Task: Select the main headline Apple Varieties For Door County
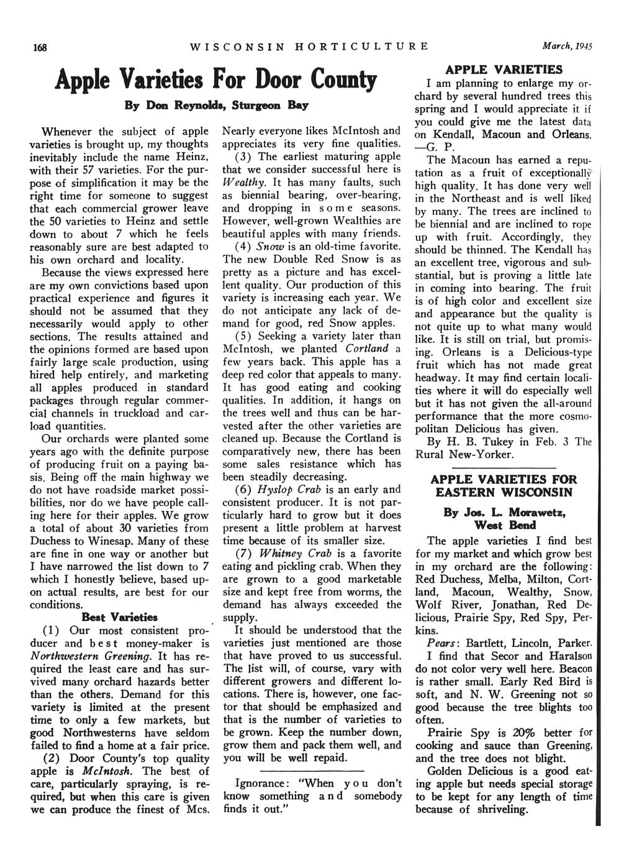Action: pos(216,81)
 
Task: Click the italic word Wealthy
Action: pos(240,182)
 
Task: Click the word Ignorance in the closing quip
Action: pos(259,783)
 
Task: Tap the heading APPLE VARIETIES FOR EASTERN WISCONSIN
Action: pos(503,486)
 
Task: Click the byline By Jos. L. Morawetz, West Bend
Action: pos(503,519)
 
